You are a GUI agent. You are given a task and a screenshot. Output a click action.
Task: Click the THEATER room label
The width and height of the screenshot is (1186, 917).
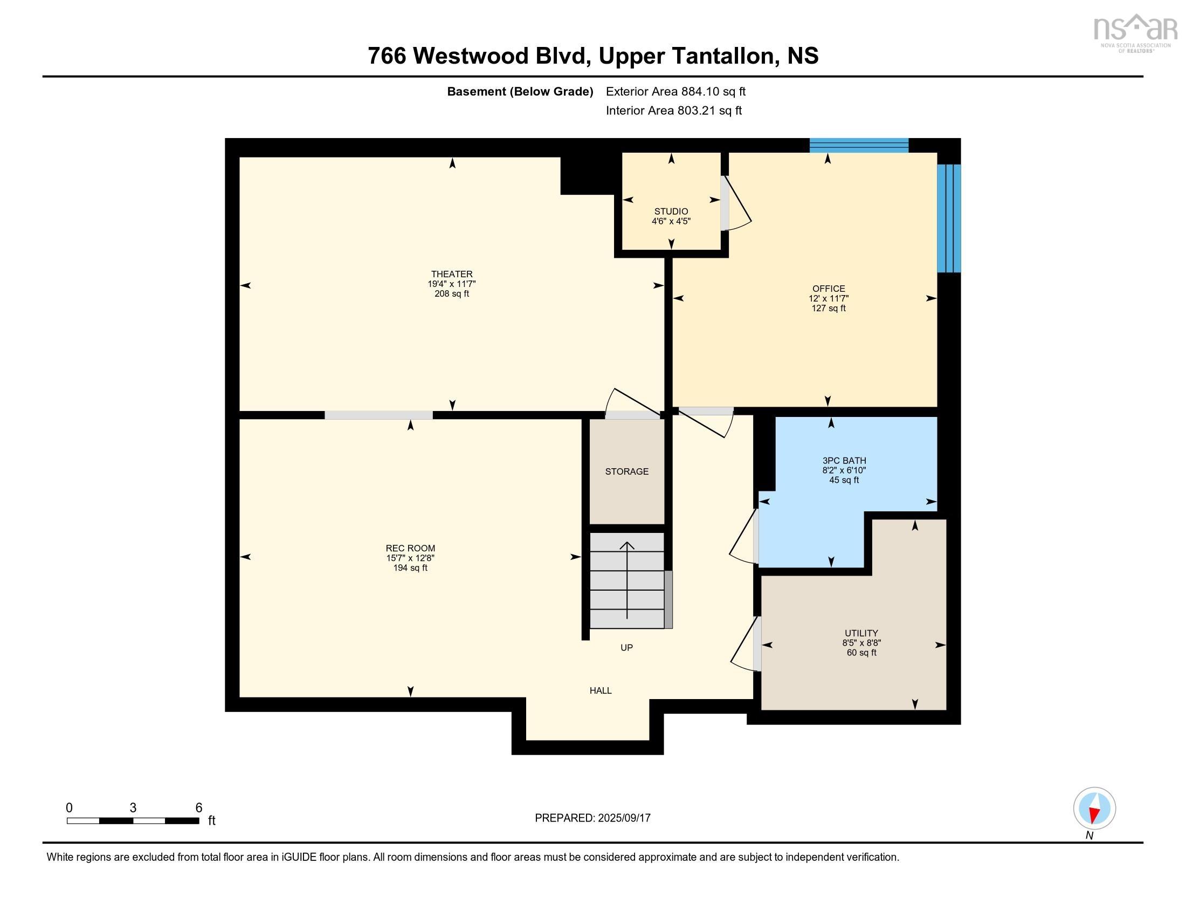click(452, 275)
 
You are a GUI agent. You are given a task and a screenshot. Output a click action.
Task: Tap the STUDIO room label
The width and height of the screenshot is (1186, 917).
click(671, 211)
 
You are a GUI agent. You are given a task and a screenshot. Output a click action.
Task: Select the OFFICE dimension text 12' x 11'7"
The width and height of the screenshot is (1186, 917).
click(828, 298)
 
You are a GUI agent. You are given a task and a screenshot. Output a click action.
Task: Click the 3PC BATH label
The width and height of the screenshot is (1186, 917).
click(844, 461)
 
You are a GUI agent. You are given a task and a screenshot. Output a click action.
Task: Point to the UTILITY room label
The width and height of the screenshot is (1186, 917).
click(861, 633)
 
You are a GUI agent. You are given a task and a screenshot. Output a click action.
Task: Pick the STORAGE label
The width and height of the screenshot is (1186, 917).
click(626, 471)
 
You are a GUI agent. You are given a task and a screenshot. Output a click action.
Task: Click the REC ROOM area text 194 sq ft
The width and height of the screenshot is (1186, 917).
click(410, 567)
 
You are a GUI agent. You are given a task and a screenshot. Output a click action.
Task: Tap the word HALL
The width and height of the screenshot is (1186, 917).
click(601, 690)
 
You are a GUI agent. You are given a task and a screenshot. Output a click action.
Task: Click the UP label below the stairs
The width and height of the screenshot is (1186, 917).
click(626, 647)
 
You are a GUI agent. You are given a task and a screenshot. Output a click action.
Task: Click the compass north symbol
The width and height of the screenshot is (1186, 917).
click(1094, 809)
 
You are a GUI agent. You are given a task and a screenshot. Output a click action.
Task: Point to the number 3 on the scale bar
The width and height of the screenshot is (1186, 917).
click(133, 808)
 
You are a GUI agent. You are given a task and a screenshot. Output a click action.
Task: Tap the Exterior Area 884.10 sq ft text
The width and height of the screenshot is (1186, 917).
click(675, 91)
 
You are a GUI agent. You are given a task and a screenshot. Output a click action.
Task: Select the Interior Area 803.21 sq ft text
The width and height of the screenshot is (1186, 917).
click(673, 110)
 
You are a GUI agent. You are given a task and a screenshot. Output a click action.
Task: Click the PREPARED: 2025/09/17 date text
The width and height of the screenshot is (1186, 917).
click(592, 818)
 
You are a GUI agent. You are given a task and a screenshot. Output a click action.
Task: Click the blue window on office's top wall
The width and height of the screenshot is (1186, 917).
click(859, 145)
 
